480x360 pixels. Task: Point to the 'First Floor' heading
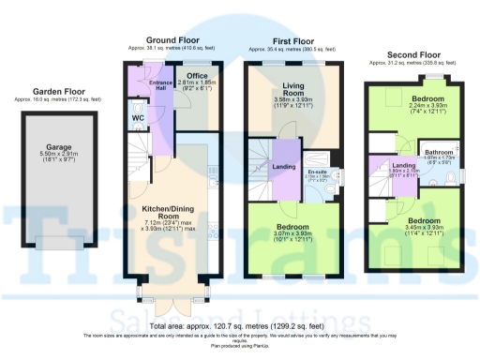pos(294,40)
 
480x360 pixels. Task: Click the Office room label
pos(197,76)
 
